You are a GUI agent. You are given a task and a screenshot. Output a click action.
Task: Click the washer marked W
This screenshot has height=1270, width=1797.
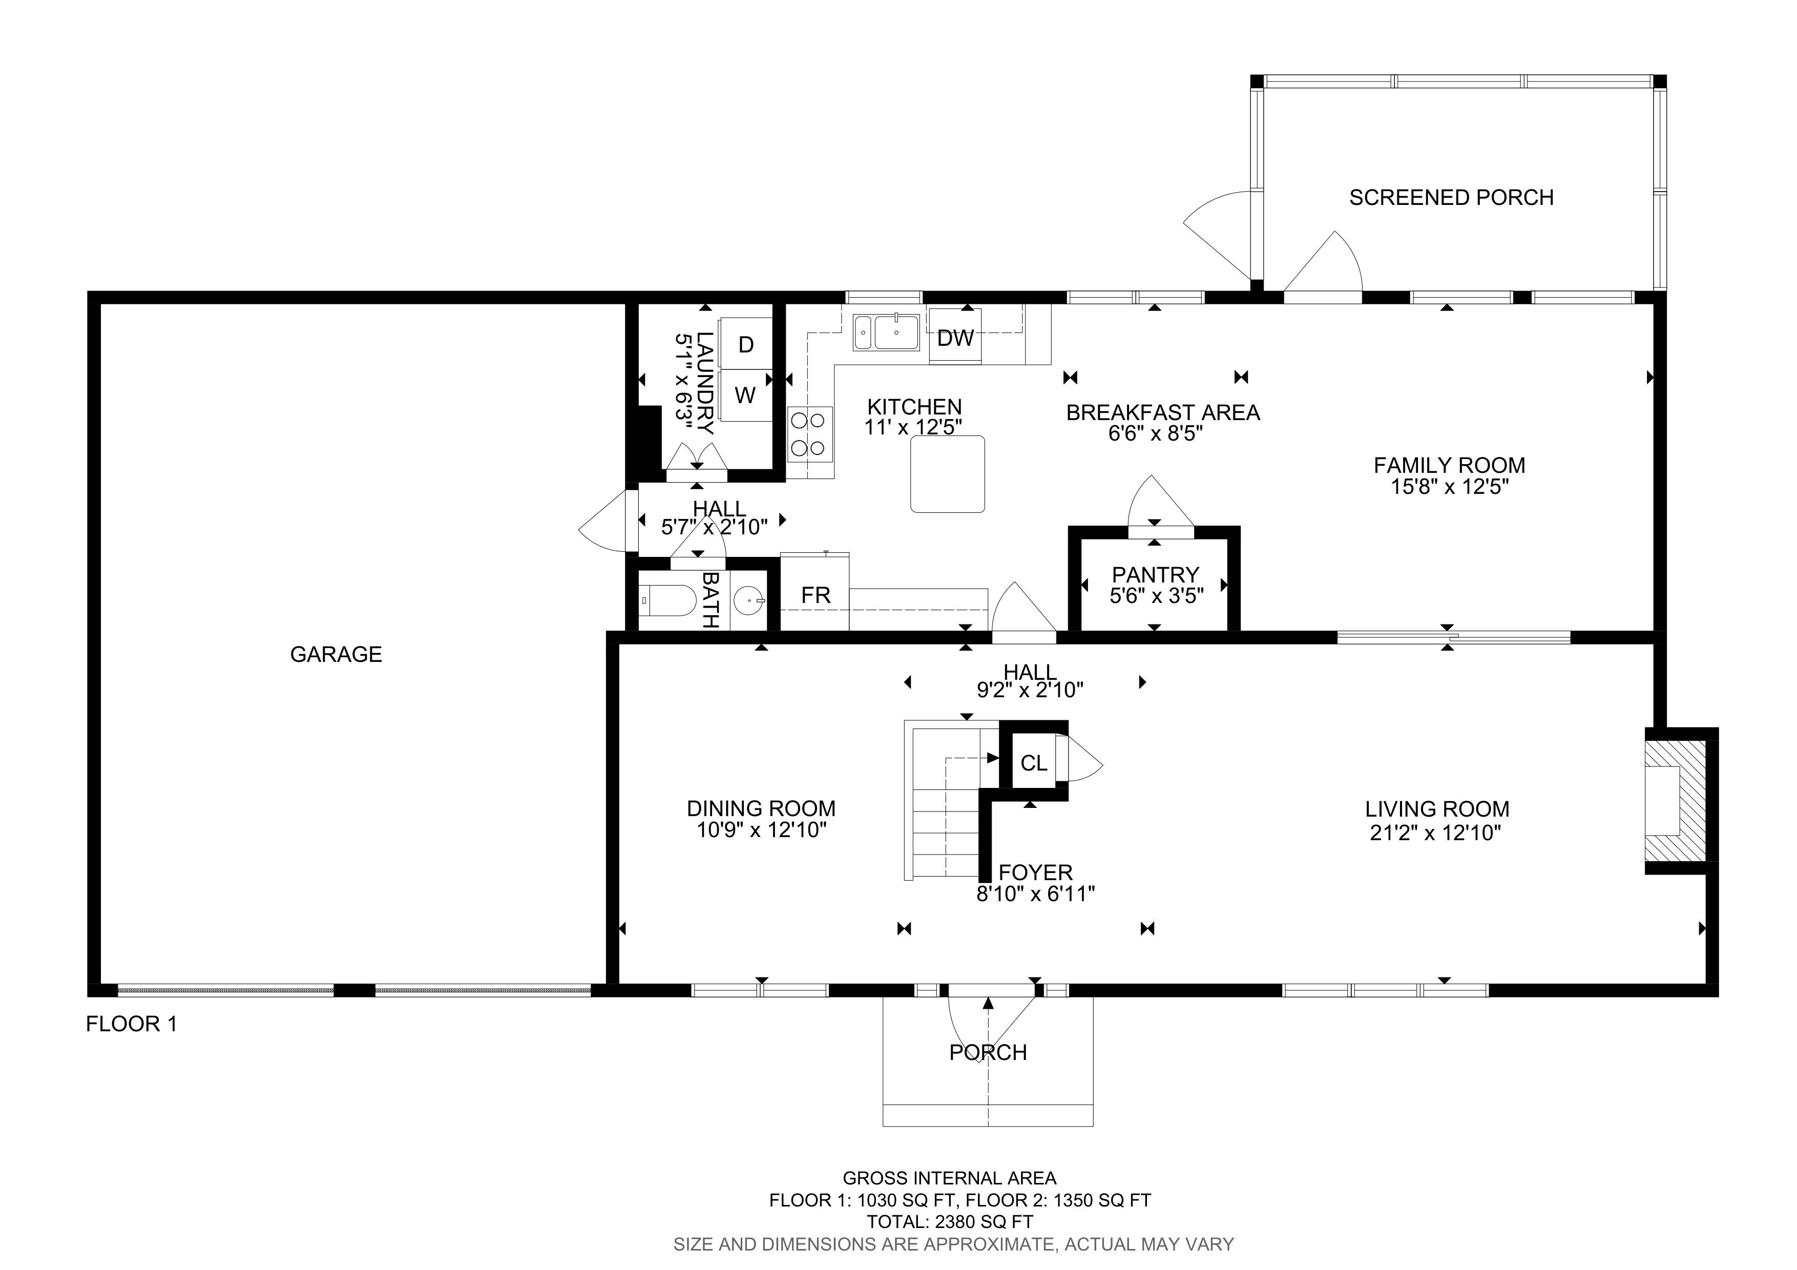pyautogui.click(x=745, y=395)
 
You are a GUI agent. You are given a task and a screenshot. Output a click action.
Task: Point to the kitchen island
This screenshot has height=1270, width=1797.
pyautogui.click(x=948, y=474)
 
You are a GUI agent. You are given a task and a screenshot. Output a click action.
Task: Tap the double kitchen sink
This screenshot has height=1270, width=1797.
pyautogui.click(x=886, y=332)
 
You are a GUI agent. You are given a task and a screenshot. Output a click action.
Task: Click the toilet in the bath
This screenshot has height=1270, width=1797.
pyautogui.click(x=667, y=601)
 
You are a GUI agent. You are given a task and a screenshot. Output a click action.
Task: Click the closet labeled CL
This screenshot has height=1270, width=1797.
pyautogui.click(x=1034, y=762)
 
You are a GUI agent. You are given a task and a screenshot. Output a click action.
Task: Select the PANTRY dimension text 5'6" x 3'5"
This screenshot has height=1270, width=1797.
pyautogui.click(x=1156, y=596)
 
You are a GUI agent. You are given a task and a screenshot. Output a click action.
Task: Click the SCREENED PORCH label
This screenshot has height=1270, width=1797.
pyautogui.click(x=1451, y=197)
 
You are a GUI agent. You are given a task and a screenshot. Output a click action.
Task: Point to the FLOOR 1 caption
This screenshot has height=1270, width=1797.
pyautogui.click(x=132, y=1024)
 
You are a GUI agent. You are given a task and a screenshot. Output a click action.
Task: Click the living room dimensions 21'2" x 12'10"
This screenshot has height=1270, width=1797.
pyautogui.click(x=1435, y=832)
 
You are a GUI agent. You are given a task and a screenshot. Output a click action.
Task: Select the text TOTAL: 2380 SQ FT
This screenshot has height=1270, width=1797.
pyautogui.click(x=949, y=1221)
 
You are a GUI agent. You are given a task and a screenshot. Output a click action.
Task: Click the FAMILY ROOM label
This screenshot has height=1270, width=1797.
pyautogui.click(x=1450, y=466)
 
